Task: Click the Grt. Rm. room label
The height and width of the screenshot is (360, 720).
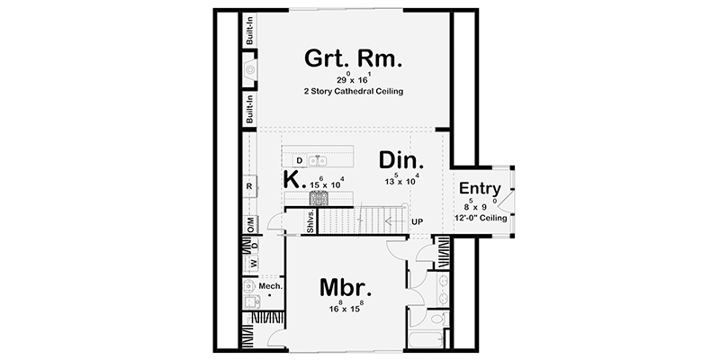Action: [352, 60]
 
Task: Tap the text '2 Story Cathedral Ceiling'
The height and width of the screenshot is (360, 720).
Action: [352, 93]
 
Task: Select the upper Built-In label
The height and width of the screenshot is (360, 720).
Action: [250, 35]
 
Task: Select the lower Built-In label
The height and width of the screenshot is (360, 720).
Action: [250, 111]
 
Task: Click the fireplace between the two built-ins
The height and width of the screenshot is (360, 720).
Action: [250, 71]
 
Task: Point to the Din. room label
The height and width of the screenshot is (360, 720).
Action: [400, 160]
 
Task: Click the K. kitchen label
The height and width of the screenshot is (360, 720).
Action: [292, 179]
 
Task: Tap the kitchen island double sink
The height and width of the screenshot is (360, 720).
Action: [317, 161]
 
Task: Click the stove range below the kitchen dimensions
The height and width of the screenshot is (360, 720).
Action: [319, 199]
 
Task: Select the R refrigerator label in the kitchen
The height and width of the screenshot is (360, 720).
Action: [249, 186]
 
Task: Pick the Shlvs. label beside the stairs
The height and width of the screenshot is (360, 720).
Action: [310, 225]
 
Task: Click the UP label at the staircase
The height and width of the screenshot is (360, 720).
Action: [417, 220]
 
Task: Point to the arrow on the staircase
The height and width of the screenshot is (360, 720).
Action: [388, 219]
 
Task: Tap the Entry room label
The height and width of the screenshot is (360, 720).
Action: [479, 188]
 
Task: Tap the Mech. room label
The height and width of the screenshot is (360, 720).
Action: [271, 286]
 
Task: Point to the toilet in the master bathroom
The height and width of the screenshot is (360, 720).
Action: [438, 319]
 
